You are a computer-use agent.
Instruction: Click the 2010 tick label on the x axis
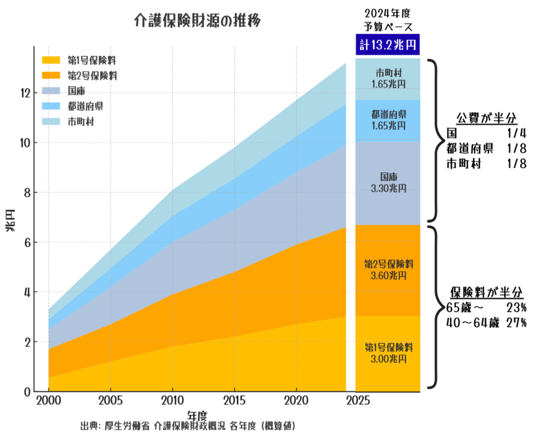click(x=172, y=402)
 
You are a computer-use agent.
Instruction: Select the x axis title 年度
click(x=198, y=415)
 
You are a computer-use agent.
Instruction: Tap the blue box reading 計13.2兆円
click(x=387, y=45)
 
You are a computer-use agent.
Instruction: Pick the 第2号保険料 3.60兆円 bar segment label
click(x=387, y=269)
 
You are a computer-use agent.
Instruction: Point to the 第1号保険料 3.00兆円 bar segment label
click(x=387, y=353)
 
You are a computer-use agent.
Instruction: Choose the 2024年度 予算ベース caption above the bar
click(x=387, y=20)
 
